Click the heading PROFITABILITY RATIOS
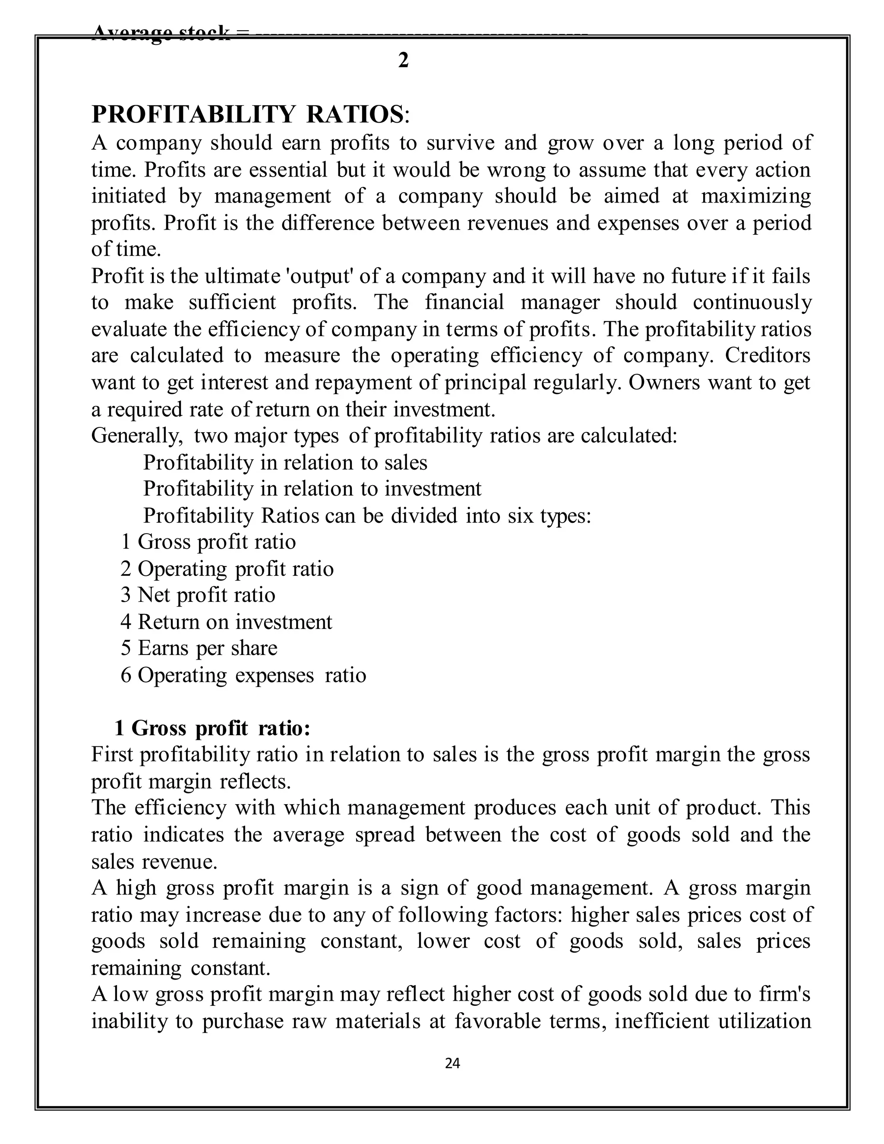(x=246, y=114)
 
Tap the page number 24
(x=452, y=1063)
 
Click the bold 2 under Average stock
(x=403, y=61)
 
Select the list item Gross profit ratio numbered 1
(x=208, y=542)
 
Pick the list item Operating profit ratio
(x=227, y=569)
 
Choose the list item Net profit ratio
(x=198, y=595)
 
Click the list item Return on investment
(x=226, y=622)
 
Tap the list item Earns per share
(x=199, y=648)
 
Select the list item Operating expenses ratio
(x=243, y=675)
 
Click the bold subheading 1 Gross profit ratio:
(x=213, y=728)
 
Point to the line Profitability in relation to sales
(x=285, y=462)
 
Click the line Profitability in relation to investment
(x=312, y=489)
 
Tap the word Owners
(x=663, y=382)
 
